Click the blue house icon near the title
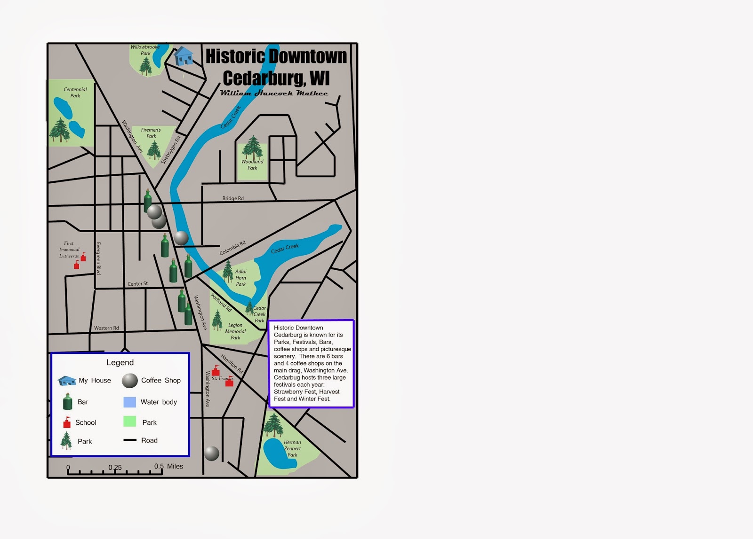pos(184,56)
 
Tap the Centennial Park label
pos(75,93)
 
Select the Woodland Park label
pos(252,164)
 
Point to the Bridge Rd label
pos(233,198)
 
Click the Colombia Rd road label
pos(232,248)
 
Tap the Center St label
pos(137,284)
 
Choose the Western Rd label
pos(106,328)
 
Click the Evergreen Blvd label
pos(98,258)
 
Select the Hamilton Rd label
pos(232,364)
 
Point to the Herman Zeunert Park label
pos(292,448)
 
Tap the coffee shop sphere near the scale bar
pos(211,453)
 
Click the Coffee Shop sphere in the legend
pos(130,381)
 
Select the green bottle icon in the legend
pos(68,402)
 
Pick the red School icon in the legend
pos(67,422)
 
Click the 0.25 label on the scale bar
pos(115,468)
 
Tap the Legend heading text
pos(120,362)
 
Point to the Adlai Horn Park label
pos(240,278)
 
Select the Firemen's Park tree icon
pos(154,150)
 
